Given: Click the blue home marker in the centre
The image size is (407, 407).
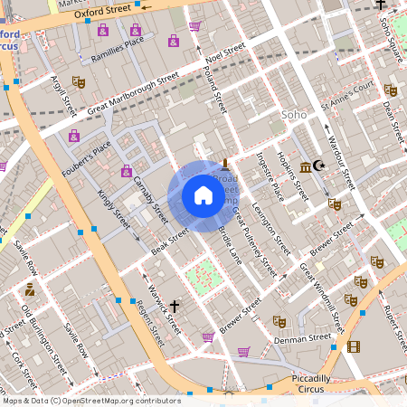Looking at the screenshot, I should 203,195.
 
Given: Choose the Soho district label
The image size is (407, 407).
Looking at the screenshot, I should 295,115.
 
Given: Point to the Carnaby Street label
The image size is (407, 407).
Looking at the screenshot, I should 150,199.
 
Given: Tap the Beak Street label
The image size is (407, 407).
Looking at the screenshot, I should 169,240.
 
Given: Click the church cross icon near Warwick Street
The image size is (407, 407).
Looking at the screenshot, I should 173,306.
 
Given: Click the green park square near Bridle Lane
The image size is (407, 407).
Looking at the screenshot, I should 203,274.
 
